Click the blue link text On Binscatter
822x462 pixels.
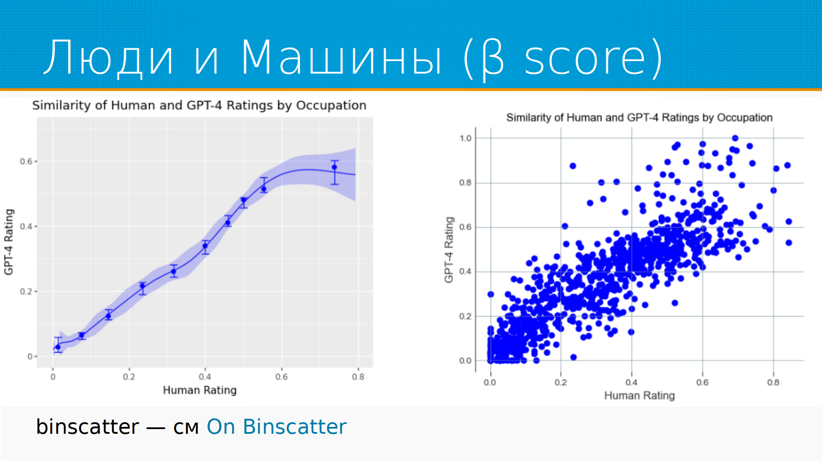(277, 427)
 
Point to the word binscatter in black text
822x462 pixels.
(87, 427)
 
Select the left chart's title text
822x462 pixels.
(199, 105)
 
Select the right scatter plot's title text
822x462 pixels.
(639, 118)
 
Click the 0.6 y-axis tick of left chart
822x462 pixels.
(26, 161)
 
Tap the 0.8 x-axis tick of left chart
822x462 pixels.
(358, 377)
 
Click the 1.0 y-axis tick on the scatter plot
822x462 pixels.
(465, 138)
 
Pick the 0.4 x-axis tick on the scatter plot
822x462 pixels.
(631, 382)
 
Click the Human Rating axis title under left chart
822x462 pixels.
(200, 390)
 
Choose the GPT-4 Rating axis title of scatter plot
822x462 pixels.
(449, 250)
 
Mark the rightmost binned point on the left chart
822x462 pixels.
(334, 167)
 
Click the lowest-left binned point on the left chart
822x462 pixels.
(58, 347)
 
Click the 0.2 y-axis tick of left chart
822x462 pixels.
(26, 291)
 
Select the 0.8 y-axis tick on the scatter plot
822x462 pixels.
(465, 183)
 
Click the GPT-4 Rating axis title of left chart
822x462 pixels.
(9, 242)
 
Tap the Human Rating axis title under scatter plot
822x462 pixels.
(639, 396)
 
